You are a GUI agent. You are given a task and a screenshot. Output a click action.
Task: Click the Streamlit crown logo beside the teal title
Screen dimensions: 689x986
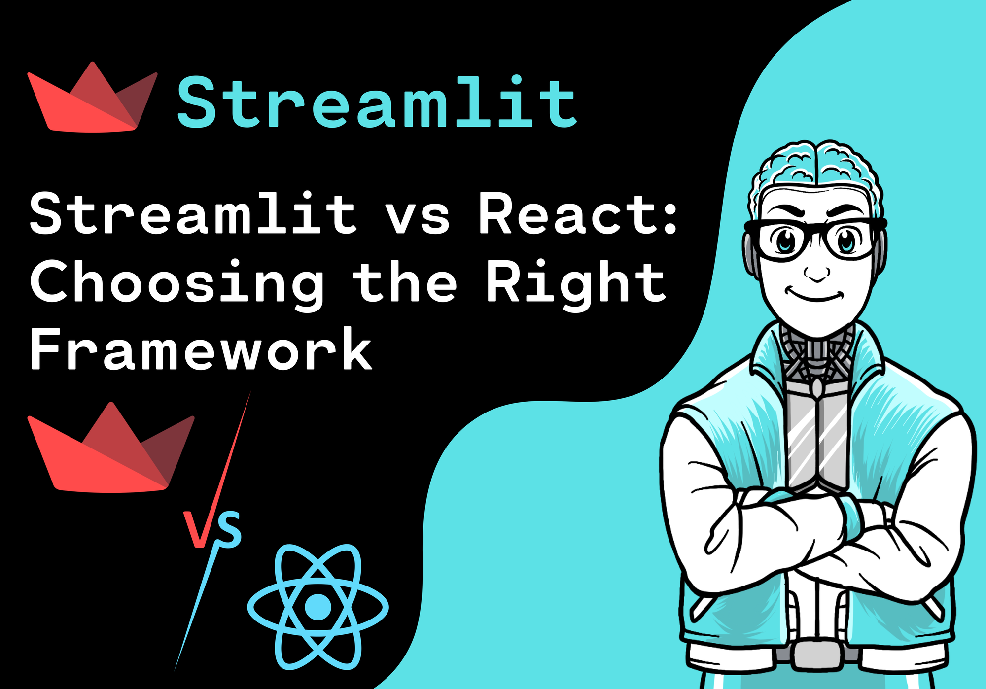pos(92,99)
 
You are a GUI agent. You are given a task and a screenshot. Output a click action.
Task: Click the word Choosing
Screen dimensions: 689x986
pos(177,283)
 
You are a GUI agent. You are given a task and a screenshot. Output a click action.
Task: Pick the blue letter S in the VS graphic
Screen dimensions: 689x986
pos(229,530)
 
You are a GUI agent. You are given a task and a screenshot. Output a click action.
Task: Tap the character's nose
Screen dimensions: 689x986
pos(817,274)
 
